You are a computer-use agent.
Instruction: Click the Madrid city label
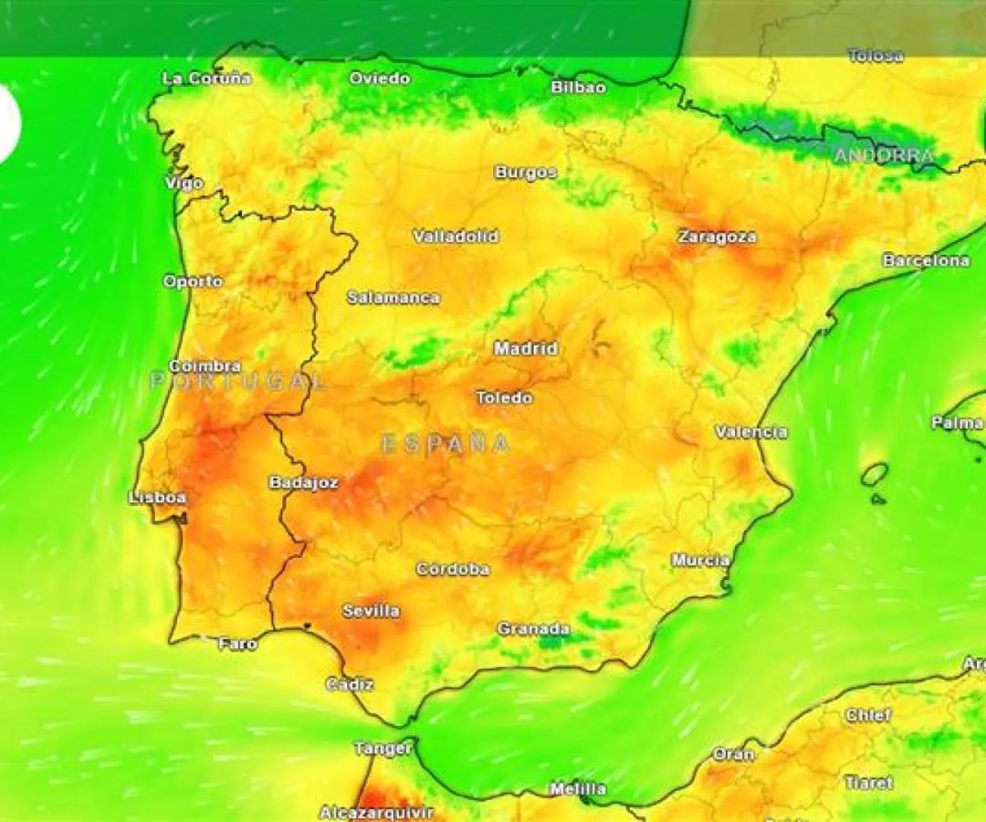pyautogui.click(x=526, y=349)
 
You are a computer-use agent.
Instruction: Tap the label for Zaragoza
pyautogui.click(x=717, y=237)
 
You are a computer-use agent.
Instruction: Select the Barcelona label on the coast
pyautogui.click(x=926, y=261)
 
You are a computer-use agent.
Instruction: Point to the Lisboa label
pyautogui.click(x=158, y=498)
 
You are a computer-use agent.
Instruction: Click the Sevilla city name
pyautogui.click(x=371, y=611)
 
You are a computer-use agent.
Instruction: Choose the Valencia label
pyautogui.click(x=750, y=432)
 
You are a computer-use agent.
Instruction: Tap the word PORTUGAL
pyautogui.click(x=237, y=381)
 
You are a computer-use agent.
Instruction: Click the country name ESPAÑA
pyautogui.click(x=445, y=444)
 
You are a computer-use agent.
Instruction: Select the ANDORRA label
pyautogui.click(x=884, y=156)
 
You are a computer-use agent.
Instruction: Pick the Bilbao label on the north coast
pyautogui.click(x=578, y=88)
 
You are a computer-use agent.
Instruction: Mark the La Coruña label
pyautogui.click(x=206, y=79)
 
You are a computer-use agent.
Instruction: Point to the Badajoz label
pyautogui.click(x=304, y=482)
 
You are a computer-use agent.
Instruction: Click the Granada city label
pyautogui.click(x=533, y=628)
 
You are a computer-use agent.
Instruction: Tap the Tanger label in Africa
pyautogui.click(x=383, y=749)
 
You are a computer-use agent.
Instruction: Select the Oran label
pyautogui.click(x=733, y=754)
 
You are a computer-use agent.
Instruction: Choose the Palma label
pyautogui.click(x=957, y=423)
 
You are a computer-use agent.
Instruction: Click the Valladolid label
pyautogui.click(x=456, y=237)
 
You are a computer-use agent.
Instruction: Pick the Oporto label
pyautogui.click(x=193, y=281)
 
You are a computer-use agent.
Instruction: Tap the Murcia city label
pyautogui.click(x=700, y=560)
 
